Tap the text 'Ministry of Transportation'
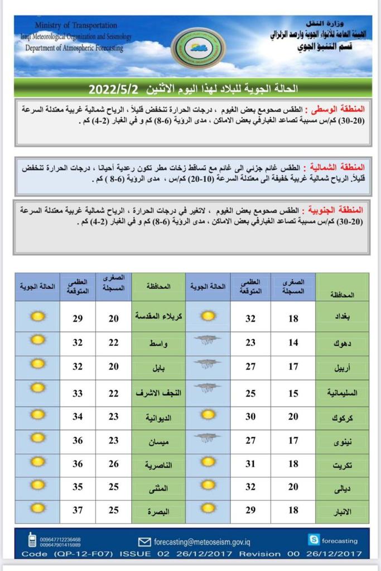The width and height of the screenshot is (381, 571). click(76, 26)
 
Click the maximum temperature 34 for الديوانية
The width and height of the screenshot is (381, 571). click(78, 417)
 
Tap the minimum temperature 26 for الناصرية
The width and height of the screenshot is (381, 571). click(114, 464)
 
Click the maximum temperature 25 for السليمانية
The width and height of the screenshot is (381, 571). click(251, 394)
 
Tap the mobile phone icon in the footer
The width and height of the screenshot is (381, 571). click(32, 540)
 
